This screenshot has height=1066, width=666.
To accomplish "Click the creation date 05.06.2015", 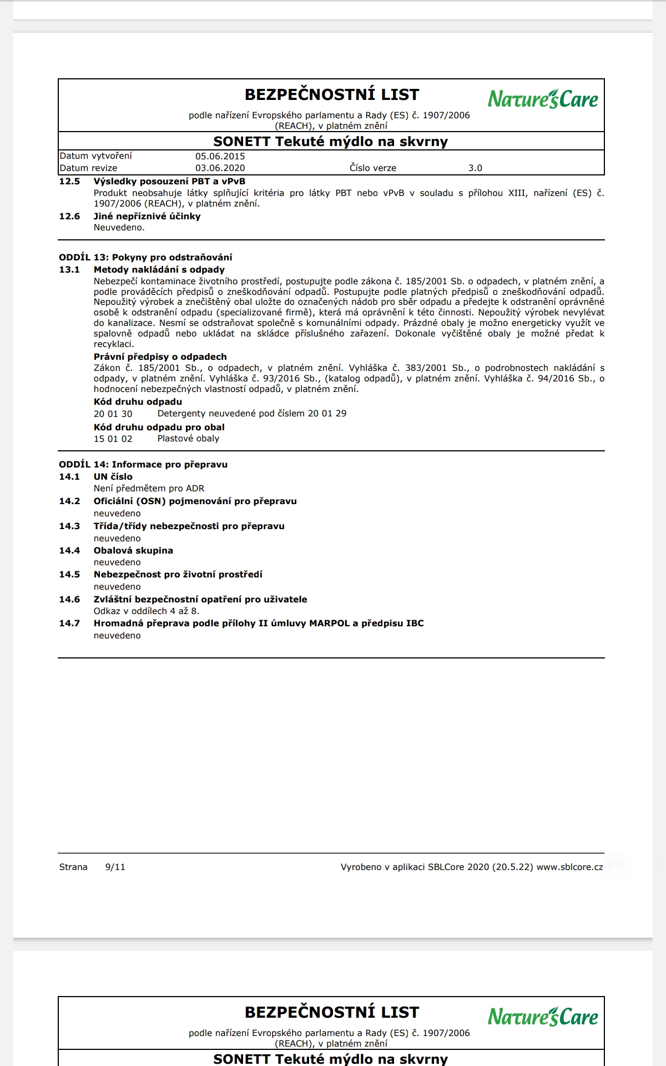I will tap(220, 157).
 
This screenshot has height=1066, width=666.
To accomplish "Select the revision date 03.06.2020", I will tap(220, 168).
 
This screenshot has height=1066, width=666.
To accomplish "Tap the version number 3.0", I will tap(475, 168).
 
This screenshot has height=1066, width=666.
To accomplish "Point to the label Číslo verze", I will tap(373, 168).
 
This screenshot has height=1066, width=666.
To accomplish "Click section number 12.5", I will tap(69, 182).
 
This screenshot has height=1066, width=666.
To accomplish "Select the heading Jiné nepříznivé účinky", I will tap(147, 217).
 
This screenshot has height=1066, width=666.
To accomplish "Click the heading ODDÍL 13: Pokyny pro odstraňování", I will tap(145, 258).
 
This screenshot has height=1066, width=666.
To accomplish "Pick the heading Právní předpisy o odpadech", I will tap(160, 357).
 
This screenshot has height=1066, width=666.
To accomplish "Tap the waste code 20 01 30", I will tap(113, 414).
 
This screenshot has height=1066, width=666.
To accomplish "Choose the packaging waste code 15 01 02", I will tap(113, 439).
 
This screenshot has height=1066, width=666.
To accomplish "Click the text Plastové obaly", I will tap(188, 439).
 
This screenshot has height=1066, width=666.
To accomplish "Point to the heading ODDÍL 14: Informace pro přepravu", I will tap(143, 465).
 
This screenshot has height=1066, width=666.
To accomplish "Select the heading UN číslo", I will tap(113, 477).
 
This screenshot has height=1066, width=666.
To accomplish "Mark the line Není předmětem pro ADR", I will tap(149, 489).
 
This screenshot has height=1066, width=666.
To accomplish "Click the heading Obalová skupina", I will tap(133, 551).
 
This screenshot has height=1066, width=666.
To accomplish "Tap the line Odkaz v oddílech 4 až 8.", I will tap(147, 611).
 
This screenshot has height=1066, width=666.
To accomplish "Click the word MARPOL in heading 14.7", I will tap(329, 623).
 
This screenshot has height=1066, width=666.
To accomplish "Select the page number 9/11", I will tap(115, 867).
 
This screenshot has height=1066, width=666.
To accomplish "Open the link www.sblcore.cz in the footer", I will tap(569, 867).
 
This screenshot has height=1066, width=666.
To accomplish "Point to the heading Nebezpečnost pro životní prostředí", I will tap(178, 575).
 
